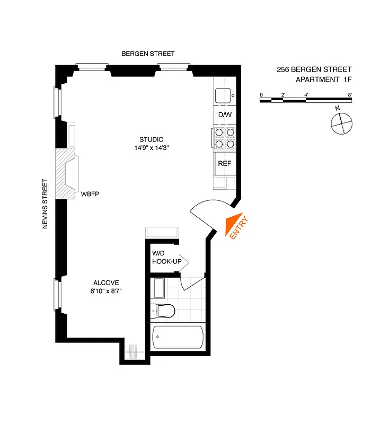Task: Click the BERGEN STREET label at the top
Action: pyautogui.click(x=148, y=54)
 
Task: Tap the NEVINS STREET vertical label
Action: pyautogui.click(x=45, y=205)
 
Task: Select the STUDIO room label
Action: pyautogui.click(x=152, y=140)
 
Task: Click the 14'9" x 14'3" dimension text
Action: pyautogui.click(x=152, y=148)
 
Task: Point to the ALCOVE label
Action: pyautogui.click(x=107, y=282)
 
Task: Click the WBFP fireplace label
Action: pyautogui.click(x=90, y=195)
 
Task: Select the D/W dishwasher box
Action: pyautogui.click(x=224, y=114)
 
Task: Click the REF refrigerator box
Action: pyautogui.click(x=224, y=163)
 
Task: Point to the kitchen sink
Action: pyautogui.click(x=223, y=95)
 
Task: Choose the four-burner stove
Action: pyautogui.click(x=224, y=138)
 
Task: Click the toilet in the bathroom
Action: pyautogui.click(x=164, y=311)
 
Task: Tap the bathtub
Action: pyautogui.click(x=178, y=338)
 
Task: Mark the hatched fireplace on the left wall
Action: pyautogui.click(x=66, y=173)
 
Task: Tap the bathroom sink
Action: pyautogui.click(x=159, y=288)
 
